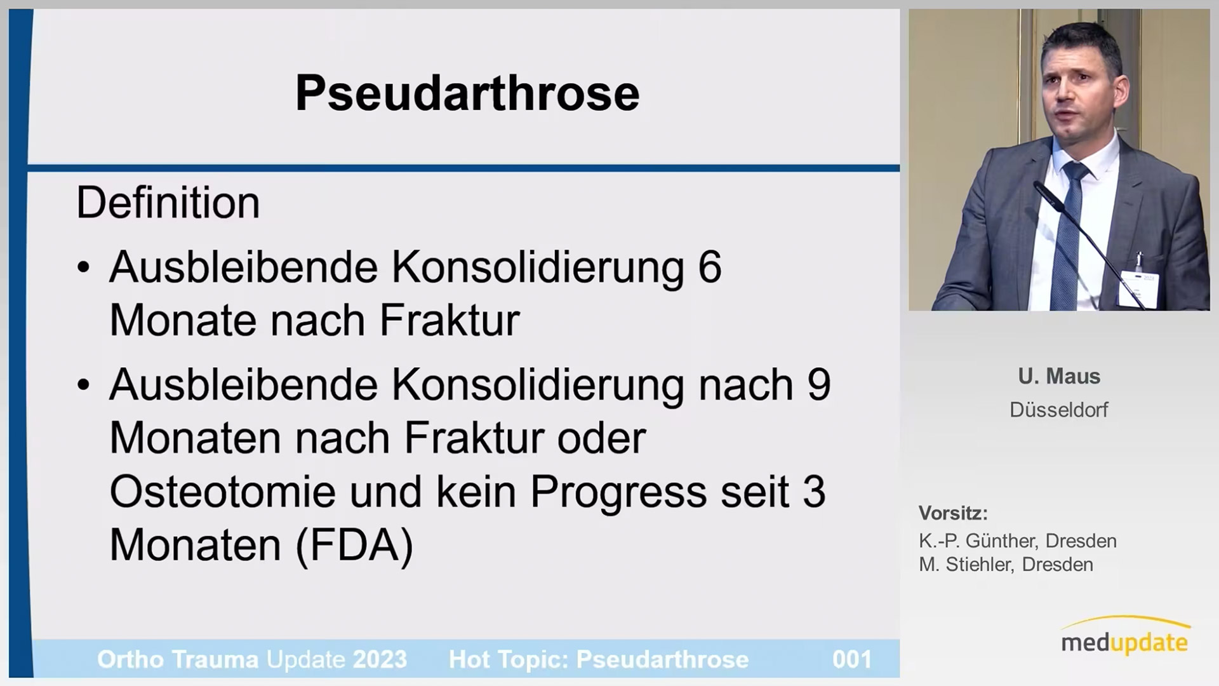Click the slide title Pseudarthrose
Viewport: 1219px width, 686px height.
pyautogui.click(x=467, y=94)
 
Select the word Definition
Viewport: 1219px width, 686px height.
pyautogui.click(x=168, y=203)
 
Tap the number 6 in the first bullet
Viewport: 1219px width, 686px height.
pyautogui.click(x=710, y=267)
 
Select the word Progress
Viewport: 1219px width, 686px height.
pyautogui.click(x=618, y=493)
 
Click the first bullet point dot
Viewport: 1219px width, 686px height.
pyautogui.click(x=84, y=268)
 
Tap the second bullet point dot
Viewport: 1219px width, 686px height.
pyautogui.click(x=84, y=386)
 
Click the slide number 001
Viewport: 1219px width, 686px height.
pyautogui.click(x=852, y=659)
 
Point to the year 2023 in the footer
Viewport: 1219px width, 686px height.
pyautogui.click(x=380, y=659)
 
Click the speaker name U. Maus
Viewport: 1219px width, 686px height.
pyautogui.click(x=1059, y=376)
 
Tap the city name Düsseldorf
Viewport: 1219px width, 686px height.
pyautogui.click(x=1059, y=410)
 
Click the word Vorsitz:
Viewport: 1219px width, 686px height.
pyautogui.click(x=953, y=513)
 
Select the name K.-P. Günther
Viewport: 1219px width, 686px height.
pyautogui.click(x=978, y=541)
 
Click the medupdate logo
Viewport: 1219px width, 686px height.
pyautogui.click(x=1124, y=636)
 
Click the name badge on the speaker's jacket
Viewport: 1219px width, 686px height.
pyautogui.click(x=1138, y=288)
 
